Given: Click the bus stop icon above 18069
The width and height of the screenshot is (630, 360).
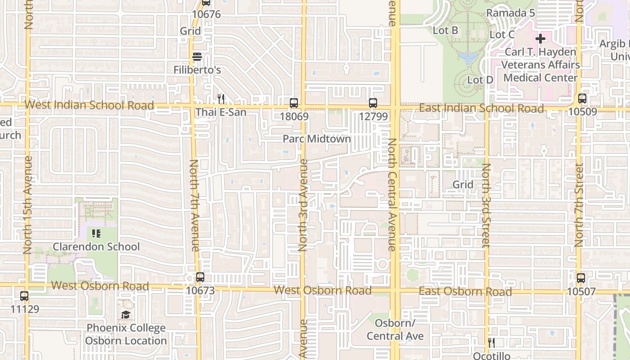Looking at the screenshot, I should [x=294, y=103].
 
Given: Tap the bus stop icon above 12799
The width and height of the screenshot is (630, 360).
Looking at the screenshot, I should [x=373, y=103].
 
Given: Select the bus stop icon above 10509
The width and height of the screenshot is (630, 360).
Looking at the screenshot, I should [x=582, y=99].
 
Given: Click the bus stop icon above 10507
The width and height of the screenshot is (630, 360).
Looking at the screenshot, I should [x=581, y=278].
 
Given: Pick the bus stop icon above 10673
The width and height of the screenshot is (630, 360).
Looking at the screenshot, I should [x=200, y=277].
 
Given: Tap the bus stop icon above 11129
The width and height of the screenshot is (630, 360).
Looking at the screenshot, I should [x=24, y=296].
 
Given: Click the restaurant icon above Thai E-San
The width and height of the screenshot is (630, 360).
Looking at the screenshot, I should [x=220, y=99].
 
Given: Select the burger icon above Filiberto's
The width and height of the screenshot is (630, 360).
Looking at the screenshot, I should [x=197, y=57].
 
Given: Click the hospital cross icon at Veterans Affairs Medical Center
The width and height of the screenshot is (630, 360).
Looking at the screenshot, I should [x=540, y=39].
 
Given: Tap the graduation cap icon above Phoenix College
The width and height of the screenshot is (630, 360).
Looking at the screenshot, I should [x=126, y=315].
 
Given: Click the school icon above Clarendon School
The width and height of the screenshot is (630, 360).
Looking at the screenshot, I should [x=96, y=234].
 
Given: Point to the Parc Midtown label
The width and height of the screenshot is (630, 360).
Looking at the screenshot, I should [x=317, y=139].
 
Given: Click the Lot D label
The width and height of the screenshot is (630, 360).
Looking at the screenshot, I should [x=480, y=80].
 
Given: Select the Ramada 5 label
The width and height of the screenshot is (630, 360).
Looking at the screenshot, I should [x=510, y=13].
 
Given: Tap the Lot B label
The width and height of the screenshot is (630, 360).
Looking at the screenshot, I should [x=445, y=31].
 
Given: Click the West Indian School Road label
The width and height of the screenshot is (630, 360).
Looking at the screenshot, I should [x=89, y=105].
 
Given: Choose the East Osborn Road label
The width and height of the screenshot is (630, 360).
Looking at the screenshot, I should [x=465, y=292].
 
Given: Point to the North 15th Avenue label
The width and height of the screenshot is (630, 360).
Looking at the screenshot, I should [x=28, y=205].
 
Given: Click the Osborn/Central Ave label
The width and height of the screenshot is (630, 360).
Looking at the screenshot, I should [x=395, y=330].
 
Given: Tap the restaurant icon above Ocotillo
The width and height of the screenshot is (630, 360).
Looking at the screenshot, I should [x=491, y=343].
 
